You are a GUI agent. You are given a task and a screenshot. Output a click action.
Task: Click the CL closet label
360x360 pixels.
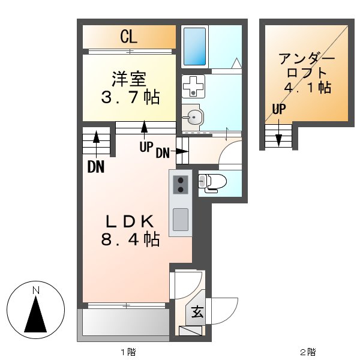tap(129, 37)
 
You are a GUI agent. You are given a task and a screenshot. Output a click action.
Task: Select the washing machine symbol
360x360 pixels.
tap(193, 85)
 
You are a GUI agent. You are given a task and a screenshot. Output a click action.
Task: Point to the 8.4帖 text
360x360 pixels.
tap(130, 239)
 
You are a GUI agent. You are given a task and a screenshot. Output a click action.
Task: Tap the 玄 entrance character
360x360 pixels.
tap(197, 312)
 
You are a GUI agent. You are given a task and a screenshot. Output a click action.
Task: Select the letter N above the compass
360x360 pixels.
tap(36, 291)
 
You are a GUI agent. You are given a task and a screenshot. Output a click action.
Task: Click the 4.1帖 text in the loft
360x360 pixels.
tap(307, 87)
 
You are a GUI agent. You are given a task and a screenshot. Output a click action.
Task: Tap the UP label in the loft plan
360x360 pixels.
tap(278, 109)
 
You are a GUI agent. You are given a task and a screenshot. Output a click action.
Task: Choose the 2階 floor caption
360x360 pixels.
tap(307, 352)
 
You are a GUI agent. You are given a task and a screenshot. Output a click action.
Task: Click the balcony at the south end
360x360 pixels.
tap(125, 324)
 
